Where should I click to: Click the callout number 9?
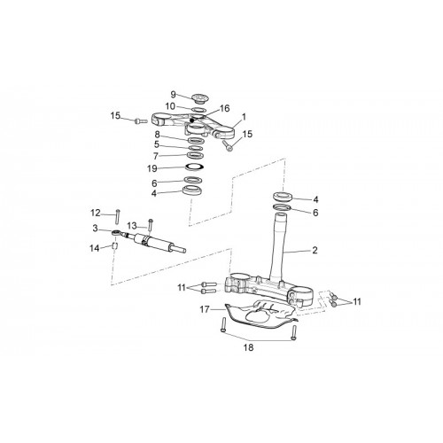pyautogui.click(x=173, y=95)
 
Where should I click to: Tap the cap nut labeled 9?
pyautogui.click(x=198, y=98)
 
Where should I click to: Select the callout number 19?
pyautogui.click(x=152, y=168)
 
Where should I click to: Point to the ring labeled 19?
pyautogui.click(x=195, y=167)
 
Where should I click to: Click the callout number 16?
pyautogui.click(x=225, y=108)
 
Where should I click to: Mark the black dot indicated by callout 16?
pyautogui.click(x=192, y=120)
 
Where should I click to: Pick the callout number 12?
pyautogui.click(x=96, y=213)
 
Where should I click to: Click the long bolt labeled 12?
pyautogui.click(x=118, y=216)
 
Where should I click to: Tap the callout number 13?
pyautogui.click(x=132, y=226)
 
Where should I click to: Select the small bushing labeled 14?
pyautogui.click(x=115, y=245)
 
